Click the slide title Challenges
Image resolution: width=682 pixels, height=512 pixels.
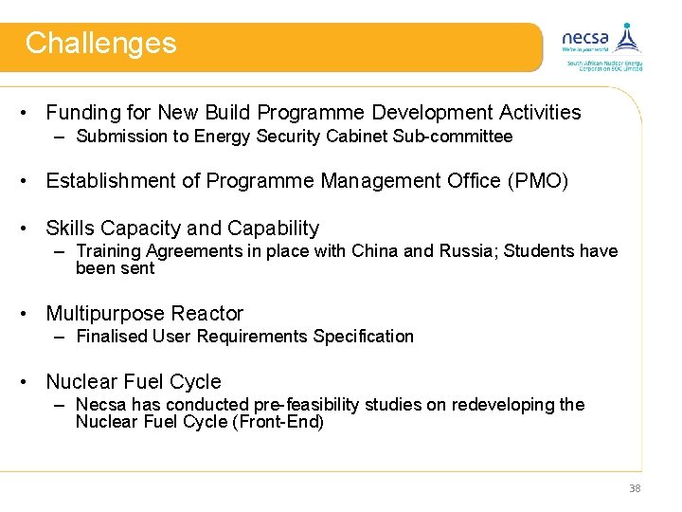point(100,44)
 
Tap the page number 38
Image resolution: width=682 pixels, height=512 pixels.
point(634,488)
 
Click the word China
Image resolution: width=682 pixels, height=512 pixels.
point(375,251)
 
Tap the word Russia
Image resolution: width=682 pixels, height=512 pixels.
point(469,251)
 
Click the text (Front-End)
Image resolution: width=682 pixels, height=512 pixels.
point(278,423)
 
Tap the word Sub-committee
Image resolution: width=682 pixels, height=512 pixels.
point(463,137)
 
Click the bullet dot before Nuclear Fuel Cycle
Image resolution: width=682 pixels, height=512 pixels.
point(31,382)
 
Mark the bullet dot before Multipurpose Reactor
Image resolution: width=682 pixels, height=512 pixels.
point(31,314)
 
